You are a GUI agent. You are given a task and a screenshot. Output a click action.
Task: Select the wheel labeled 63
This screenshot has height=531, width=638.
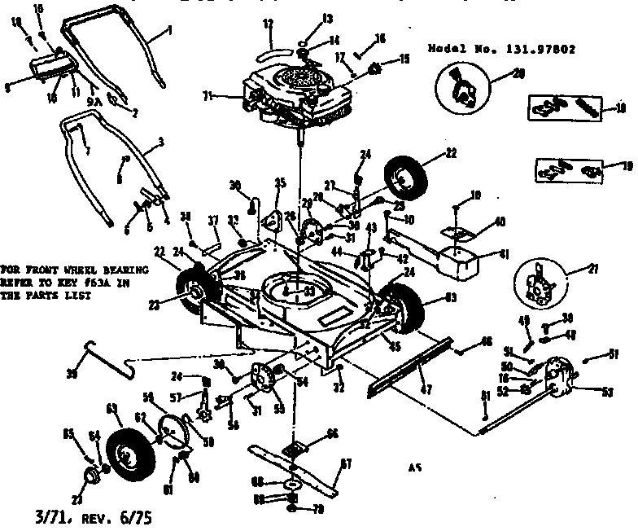(x=409, y=311)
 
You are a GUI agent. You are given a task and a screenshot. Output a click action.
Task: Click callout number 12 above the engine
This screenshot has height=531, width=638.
(x=267, y=24)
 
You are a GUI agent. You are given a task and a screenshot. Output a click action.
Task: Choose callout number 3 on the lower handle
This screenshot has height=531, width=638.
(x=161, y=142)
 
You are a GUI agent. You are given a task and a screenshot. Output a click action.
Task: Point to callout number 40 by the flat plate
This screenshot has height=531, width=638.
(x=499, y=221)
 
